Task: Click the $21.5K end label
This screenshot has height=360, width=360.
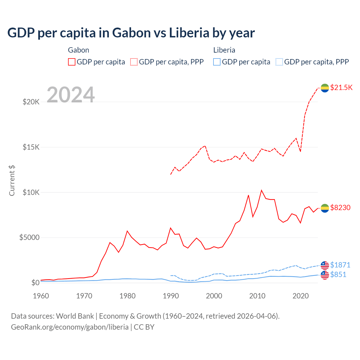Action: pos(341,87)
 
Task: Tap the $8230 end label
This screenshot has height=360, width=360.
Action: pos(340,208)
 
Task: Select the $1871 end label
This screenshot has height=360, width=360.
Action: pos(340,265)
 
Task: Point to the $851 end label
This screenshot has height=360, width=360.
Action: pos(338,274)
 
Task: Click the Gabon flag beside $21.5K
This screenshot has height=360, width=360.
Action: pos(325,88)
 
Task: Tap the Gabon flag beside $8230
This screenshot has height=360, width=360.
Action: pos(325,208)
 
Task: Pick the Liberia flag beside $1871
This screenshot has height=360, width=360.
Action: pos(325,265)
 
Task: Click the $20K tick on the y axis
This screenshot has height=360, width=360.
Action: pos(31,102)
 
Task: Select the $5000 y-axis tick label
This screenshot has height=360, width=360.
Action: pos(29,238)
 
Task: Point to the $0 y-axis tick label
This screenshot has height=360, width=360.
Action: pos(35,283)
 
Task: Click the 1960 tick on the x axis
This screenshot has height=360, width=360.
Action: pos(41,296)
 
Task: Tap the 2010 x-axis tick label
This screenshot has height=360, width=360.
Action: pos(257,296)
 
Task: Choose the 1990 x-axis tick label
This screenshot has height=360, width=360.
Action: pos(171,296)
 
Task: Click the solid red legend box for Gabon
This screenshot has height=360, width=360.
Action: pos(72,62)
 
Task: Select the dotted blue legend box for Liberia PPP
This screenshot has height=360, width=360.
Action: pos(279,62)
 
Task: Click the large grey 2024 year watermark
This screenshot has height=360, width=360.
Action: pos(71,95)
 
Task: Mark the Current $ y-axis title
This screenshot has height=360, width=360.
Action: pos(12,180)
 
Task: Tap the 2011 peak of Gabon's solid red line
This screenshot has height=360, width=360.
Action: pos(262,190)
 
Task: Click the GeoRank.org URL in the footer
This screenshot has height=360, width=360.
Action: pos(70,327)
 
